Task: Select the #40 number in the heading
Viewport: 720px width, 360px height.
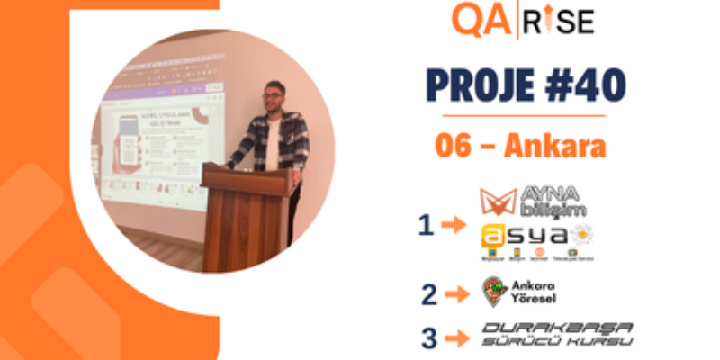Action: [581, 86]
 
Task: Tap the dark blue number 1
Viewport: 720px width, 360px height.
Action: [426, 225]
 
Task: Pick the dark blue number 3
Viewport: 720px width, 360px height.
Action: [429, 337]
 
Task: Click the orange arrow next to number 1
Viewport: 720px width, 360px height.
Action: [455, 226]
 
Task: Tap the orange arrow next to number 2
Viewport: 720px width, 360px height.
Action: [457, 292]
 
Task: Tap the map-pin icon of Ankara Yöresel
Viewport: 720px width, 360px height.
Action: [494, 291]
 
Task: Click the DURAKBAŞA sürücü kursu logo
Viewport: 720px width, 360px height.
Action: [556, 334]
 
